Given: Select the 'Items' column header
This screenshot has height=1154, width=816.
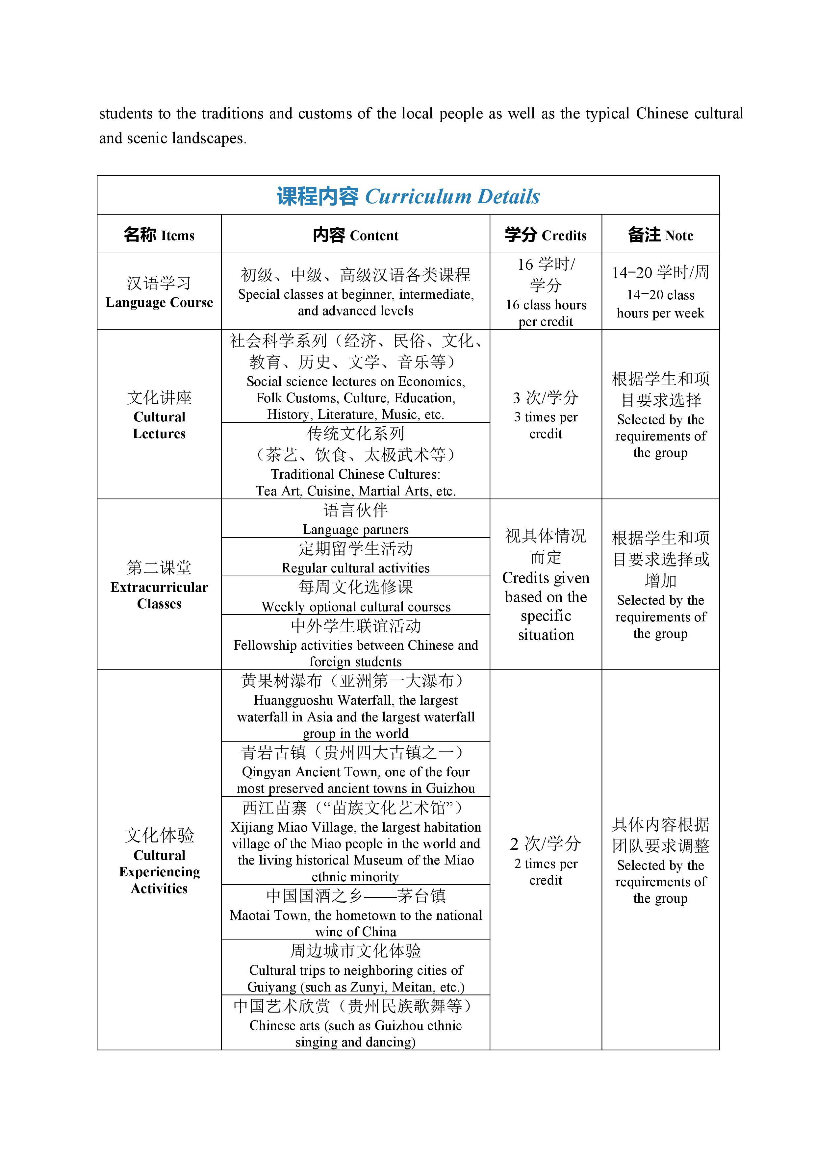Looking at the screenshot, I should [159, 235].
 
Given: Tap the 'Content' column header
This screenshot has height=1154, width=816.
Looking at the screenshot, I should [355, 235].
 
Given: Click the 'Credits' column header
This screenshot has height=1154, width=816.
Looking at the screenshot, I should [546, 235].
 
